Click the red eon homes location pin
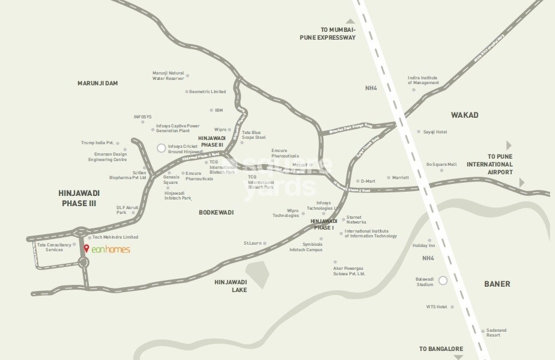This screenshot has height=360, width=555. [86, 249]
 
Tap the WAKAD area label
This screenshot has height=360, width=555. [465, 114]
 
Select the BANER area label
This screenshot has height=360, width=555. [497, 284]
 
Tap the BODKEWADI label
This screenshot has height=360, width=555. [216, 212]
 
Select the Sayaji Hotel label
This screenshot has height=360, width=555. [435, 132]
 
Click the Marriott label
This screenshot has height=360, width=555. [400, 178]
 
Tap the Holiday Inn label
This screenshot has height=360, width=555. [423, 246]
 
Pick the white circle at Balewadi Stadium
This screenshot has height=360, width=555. [443, 281]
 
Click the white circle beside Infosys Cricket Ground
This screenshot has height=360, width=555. [160, 148]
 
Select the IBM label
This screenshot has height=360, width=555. [219, 111]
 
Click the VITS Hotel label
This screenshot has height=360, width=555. [437, 307]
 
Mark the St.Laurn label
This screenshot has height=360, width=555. [253, 243]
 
